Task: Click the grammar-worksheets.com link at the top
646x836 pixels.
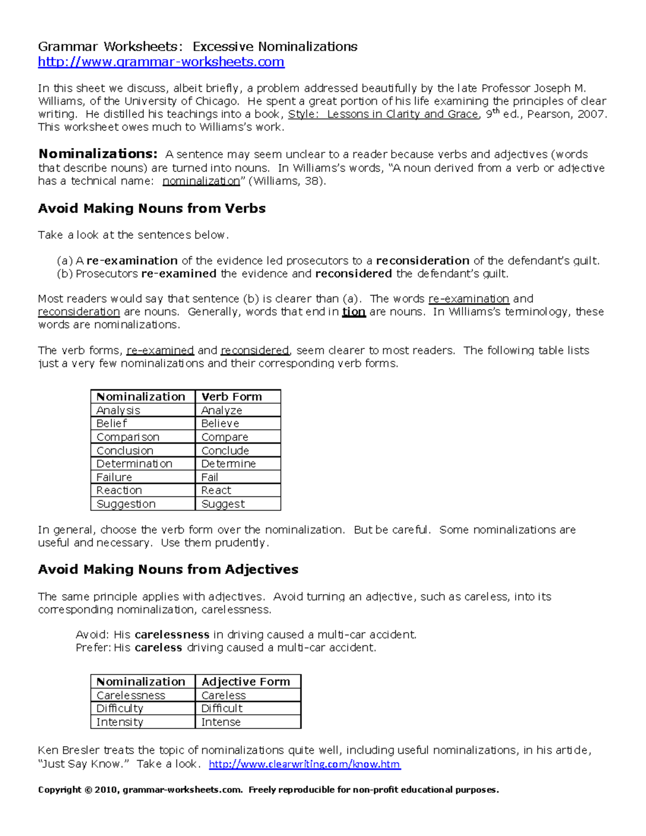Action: [x=161, y=62]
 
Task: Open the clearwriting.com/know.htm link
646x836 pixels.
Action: [x=304, y=764]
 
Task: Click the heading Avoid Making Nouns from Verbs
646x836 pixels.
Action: [x=152, y=208]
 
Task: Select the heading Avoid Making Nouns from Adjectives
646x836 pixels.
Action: [x=168, y=569]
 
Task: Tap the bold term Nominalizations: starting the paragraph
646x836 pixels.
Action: [x=98, y=154]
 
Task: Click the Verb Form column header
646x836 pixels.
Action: [x=231, y=397]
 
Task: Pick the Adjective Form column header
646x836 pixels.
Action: [x=245, y=682]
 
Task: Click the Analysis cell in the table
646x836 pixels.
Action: [x=118, y=410]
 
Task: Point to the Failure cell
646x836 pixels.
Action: [x=114, y=477]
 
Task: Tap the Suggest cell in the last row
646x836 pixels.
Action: [x=223, y=504]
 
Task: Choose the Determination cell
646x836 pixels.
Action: [x=135, y=463]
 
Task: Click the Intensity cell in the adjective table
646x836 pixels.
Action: [x=120, y=722]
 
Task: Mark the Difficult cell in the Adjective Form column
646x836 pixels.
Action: [x=222, y=708]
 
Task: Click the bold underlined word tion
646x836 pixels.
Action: [x=354, y=312]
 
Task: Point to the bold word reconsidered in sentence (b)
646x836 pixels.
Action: [x=353, y=273]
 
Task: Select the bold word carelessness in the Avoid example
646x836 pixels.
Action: [x=172, y=635]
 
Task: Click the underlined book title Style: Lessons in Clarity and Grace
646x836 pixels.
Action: [x=383, y=114]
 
